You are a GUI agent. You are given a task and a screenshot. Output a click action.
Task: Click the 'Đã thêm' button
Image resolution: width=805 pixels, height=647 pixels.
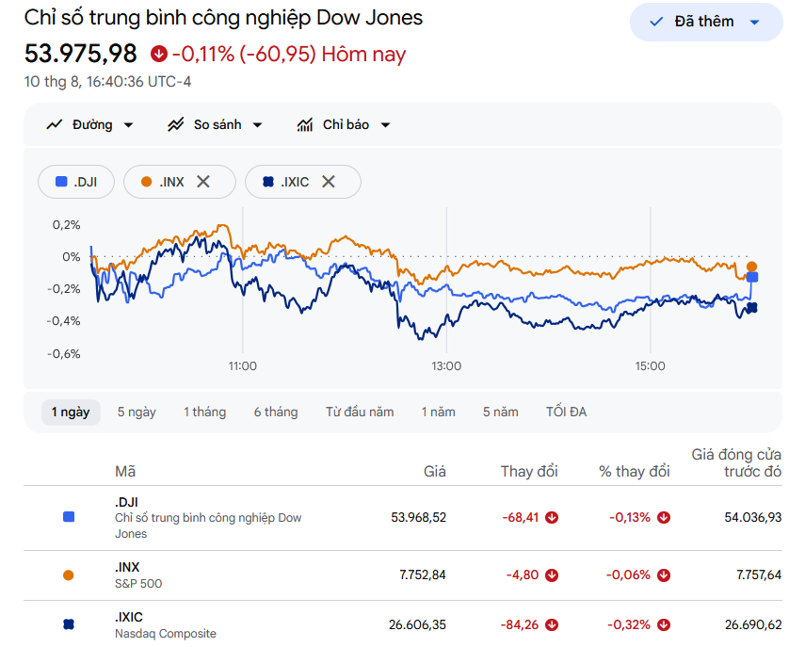coord(706,22)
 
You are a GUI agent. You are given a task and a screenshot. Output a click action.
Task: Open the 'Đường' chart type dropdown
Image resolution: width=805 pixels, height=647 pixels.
coord(90,124)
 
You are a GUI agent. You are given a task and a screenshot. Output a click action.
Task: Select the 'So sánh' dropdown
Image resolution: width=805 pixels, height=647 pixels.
coord(215,124)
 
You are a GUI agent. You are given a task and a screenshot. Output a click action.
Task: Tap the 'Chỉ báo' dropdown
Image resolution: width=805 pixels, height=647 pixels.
coord(344,124)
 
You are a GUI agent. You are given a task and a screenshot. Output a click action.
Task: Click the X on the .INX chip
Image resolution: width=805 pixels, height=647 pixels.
coord(203,181)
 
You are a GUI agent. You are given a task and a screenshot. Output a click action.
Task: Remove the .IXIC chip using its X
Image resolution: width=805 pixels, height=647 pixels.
coord(329,181)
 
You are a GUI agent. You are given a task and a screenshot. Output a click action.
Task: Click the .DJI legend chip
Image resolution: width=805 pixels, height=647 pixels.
coord(76,182)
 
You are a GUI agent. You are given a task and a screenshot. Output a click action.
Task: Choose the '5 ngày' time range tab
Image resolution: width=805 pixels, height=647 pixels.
coord(137,412)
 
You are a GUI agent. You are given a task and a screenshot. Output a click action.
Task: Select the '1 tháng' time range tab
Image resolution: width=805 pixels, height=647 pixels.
coord(205,412)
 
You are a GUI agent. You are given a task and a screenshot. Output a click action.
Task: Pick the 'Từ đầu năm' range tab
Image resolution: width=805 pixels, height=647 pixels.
coord(360,412)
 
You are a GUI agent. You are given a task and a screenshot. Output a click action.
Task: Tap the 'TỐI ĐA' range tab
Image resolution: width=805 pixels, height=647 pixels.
coord(566,412)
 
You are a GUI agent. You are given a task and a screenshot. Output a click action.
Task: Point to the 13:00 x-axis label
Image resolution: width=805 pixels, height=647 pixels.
coord(446,366)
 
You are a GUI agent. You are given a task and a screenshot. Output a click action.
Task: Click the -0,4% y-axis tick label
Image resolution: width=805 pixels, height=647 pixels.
coord(64,321)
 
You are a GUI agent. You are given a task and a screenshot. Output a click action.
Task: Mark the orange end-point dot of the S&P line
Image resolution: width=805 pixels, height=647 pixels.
coord(751,267)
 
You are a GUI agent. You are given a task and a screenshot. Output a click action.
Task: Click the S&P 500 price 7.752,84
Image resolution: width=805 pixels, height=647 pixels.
coord(423,574)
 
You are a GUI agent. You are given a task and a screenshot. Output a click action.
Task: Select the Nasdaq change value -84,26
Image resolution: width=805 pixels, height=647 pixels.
coord(520,625)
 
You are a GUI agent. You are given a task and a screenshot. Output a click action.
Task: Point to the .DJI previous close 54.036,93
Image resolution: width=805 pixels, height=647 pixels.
coord(752,517)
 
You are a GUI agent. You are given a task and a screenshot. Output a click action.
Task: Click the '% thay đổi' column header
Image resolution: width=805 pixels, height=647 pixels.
coord(634,472)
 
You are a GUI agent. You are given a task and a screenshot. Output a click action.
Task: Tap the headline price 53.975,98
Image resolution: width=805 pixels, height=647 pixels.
coord(81,54)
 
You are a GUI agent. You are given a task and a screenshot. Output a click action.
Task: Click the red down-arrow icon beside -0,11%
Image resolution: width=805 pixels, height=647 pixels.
coord(158,54)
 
